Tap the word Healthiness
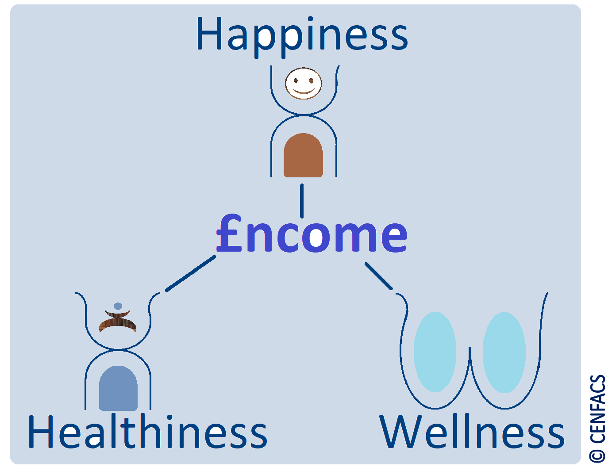147,432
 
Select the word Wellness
472,432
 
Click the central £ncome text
312,234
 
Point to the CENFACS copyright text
597,418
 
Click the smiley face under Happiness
303,83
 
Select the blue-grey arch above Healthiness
118,388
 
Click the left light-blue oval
435,352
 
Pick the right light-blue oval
504,352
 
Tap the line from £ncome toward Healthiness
190,274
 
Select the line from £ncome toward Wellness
378,276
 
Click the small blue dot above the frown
118,306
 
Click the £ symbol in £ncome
229,234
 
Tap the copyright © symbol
597,456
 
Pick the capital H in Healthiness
43,432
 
